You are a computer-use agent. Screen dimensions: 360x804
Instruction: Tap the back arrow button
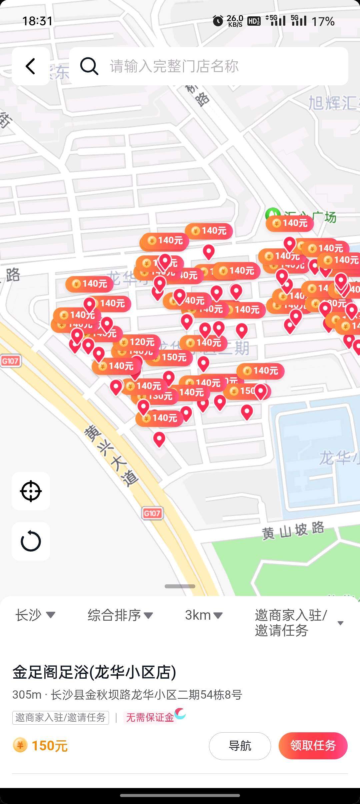(x=31, y=66)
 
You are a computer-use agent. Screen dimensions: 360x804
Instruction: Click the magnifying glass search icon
(x=89, y=66)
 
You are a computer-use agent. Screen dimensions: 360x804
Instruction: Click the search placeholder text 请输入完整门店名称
(x=174, y=66)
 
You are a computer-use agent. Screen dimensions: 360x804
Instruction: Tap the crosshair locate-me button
(x=31, y=491)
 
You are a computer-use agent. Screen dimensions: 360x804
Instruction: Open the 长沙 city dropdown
(x=35, y=615)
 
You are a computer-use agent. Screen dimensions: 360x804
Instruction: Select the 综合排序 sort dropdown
(x=120, y=615)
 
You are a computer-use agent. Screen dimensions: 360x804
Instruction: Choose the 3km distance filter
(x=203, y=615)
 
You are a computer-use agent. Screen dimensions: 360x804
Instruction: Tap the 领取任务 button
(x=313, y=746)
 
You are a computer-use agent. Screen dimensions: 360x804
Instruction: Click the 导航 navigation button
(x=240, y=746)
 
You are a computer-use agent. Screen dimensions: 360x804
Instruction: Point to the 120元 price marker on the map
(x=138, y=342)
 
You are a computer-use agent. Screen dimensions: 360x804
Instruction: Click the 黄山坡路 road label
(x=293, y=530)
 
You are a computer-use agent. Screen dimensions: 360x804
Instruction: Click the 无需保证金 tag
(x=150, y=717)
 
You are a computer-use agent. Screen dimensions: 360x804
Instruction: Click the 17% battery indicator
(x=323, y=22)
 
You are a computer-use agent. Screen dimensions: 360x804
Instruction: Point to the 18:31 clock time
(x=37, y=21)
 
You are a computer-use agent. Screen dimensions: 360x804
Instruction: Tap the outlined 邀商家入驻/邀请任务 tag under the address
(x=61, y=717)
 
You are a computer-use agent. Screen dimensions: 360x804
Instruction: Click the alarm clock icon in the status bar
(x=218, y=21)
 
